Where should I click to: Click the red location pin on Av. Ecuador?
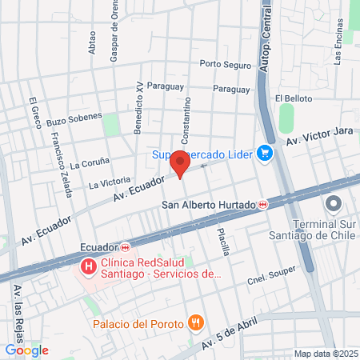(180, 166)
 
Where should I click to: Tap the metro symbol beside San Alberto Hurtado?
(263, 205)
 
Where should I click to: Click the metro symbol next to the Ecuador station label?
(126, 247)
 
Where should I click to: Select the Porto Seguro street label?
(225, 64)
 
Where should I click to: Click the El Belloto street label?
(293, 98)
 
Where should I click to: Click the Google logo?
(26, 350)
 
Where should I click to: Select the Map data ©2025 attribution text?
(324, 354)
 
